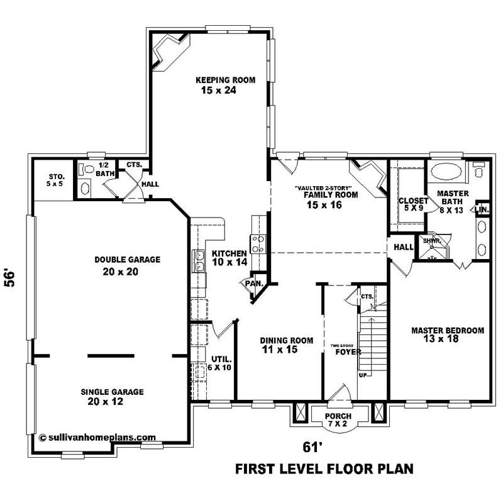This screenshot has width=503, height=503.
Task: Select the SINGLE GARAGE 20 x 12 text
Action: click(x=112, y=397)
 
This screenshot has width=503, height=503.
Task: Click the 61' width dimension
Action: click(x=312, y=447)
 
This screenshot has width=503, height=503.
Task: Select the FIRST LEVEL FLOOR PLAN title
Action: click(x=324, y=469)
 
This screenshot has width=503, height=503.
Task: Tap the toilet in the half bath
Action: click(x=87, y=170)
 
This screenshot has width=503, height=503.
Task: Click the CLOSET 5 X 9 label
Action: click(x=413, y=205)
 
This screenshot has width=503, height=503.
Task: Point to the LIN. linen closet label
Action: click(x=482, y=209)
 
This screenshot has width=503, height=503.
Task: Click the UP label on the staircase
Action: click(x=362, y=374)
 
